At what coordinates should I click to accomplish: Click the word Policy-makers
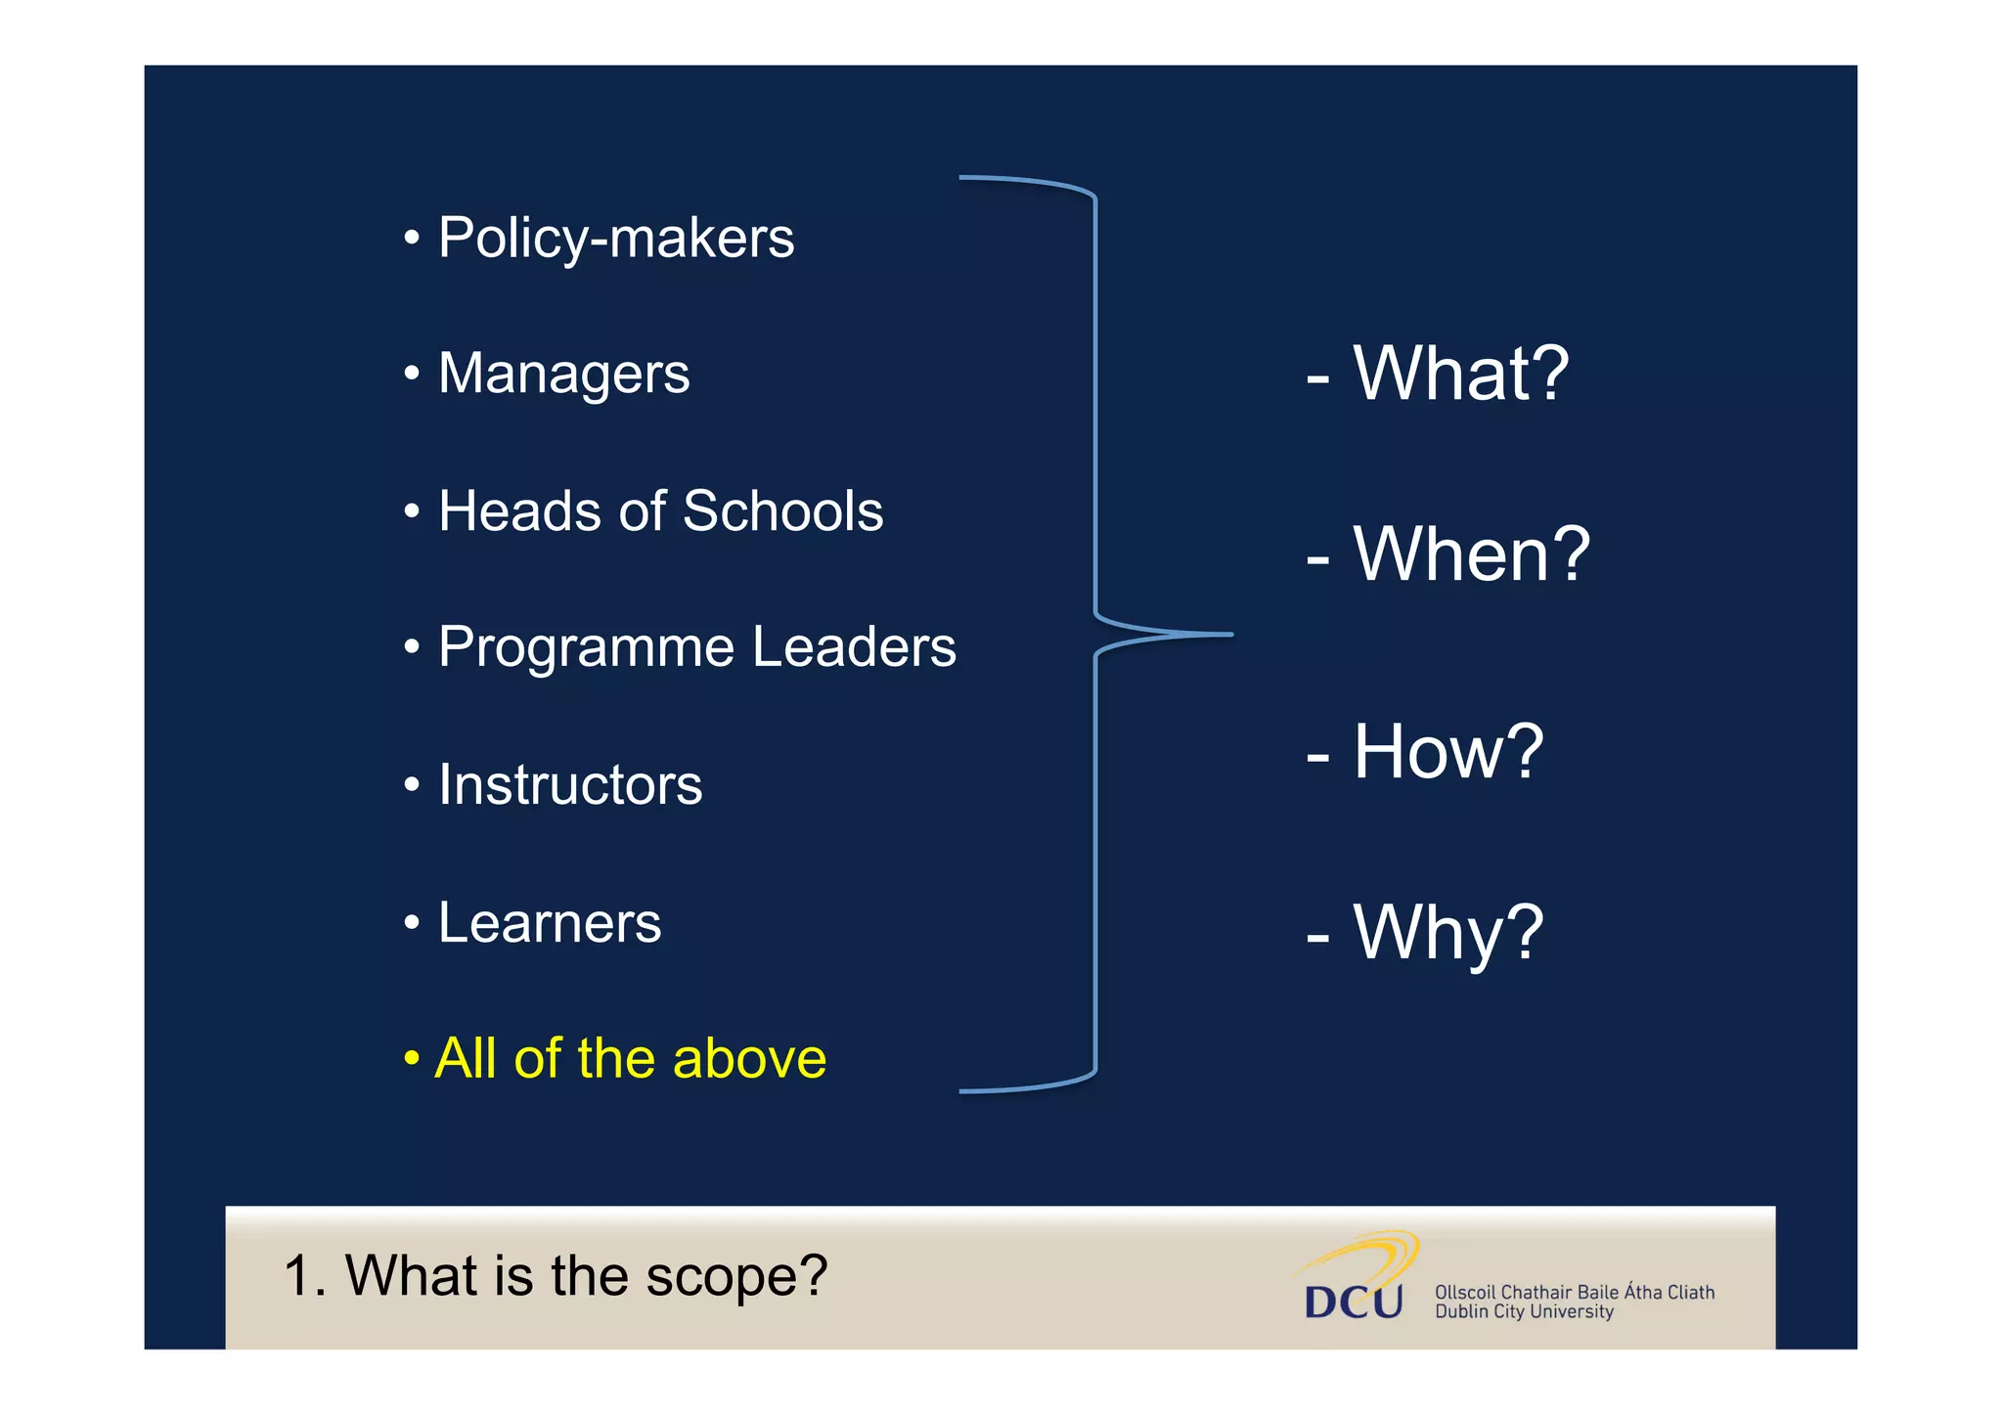(616, 239)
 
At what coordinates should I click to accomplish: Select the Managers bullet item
(563, 375)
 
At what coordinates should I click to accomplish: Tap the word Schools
(782, 511)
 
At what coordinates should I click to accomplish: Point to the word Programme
(586, 648)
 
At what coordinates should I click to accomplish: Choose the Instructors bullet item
(570, 785)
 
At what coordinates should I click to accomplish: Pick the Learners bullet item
(550, 923)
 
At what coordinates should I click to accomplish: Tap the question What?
(1460, 375)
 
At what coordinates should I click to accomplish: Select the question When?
(1471, 554)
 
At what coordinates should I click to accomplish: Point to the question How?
(1447, 752)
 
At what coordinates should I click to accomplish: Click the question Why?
(1447, 933)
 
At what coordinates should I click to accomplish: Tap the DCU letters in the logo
(1354, 1302)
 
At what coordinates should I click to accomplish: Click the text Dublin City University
(1524, 1312)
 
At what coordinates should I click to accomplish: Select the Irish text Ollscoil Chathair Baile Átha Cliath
(1574, 1292)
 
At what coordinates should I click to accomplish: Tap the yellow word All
(467, 1059)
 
